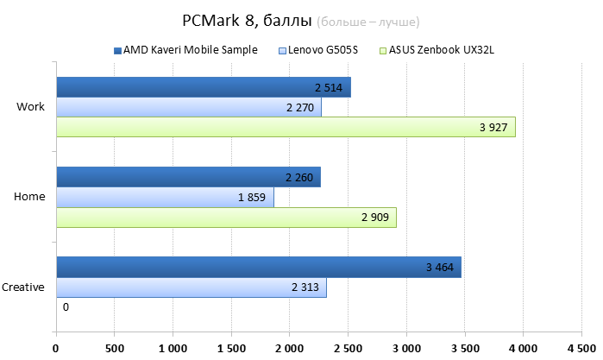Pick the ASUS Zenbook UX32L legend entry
tap(442, 50)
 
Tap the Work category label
tap(30, 107)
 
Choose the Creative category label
tap(23, 287)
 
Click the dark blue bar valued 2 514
tap(203, 87)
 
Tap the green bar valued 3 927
tap(285, 128)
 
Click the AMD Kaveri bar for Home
tap(188, 177)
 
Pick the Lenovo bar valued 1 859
tap(165, 197)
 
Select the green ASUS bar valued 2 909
tap(226, 218)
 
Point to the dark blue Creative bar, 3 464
tap(258, 267)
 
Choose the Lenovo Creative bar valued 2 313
tap(191, 287)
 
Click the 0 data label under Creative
tap(66, 307)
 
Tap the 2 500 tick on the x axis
tap(347, 348)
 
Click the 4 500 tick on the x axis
tap(580, 348)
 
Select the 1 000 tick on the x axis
tap(172, 348)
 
